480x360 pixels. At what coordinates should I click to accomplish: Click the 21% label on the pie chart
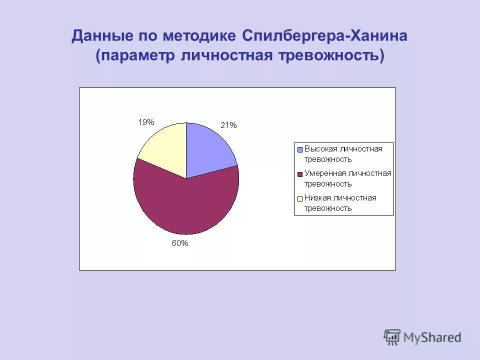[x=229, y=125]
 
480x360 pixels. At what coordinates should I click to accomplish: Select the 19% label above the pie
[x=146, y=121]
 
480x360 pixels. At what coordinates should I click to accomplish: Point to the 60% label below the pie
[x=180, y=243]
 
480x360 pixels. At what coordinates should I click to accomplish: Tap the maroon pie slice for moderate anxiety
[x=185, y=205]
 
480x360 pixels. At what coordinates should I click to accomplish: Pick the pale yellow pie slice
[x=165, y=147]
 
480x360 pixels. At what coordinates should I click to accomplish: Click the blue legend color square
[x=300, y=149]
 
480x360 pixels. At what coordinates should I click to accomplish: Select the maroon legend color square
[x=300, y=174]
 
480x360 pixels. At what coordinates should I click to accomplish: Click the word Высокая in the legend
[x=319, y=149]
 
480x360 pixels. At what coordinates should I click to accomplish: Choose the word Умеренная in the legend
[x=325, y=173]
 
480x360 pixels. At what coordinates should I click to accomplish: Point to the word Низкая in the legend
[x=317, y=198]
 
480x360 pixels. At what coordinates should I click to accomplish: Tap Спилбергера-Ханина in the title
[x=325, y=36]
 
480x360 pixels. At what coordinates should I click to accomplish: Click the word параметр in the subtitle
[x=135, y=55]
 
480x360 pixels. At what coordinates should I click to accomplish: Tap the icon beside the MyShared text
[x=392, y=337]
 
